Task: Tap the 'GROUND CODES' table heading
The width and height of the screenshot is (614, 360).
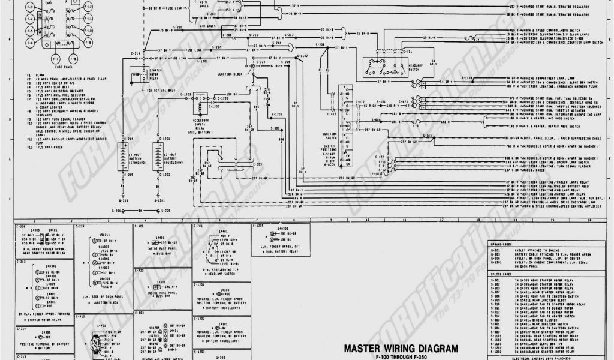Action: coord(501,246)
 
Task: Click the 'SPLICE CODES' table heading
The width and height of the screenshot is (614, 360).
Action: coord(501,273)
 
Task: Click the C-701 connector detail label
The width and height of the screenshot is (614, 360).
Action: coord(198,226)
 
